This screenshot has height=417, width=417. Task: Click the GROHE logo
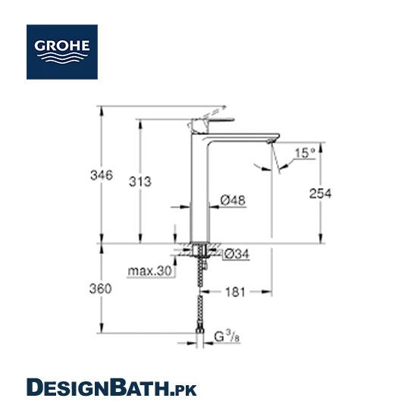click(x=62, y=52)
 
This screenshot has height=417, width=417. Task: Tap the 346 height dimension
click(x=102, y=175)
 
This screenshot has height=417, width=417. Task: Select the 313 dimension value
click(x=140, y=182)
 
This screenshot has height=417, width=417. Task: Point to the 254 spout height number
click(x=321, y=193)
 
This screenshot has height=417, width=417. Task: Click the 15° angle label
click(x=305, y=153)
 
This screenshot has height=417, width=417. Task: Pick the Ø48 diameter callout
click(x=233, y=200)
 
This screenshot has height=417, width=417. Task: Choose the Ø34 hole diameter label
click(x=237, y=254)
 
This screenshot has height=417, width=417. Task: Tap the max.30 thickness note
click(x=150, y=271)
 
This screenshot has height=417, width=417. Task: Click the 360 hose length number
click(x=101, y=289)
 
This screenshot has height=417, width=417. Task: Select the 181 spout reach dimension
click(x=235, y=292)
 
